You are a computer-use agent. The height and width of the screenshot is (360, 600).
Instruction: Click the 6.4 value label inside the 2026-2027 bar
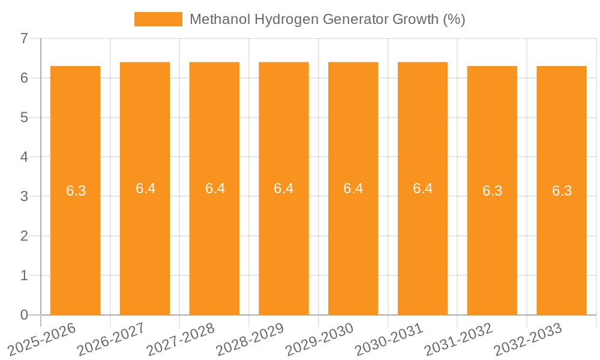tap(145, 188)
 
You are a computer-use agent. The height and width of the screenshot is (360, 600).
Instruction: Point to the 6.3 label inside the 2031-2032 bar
tap(492, 191)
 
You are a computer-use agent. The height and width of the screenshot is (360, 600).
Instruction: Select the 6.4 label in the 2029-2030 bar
tap(353, 188)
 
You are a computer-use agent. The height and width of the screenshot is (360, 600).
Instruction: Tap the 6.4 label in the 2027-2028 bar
tap(215, 188)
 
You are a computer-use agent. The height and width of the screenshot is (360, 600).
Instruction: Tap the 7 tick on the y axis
tap(24, 39)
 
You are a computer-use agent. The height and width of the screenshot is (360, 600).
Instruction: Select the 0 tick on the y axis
tap(24, 315)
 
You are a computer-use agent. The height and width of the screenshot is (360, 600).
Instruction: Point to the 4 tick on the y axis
tap(24, 157)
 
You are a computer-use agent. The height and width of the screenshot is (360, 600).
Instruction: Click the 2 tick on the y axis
tap(24, 236)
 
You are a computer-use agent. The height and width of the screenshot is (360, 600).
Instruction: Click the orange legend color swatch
tap(158, 19)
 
